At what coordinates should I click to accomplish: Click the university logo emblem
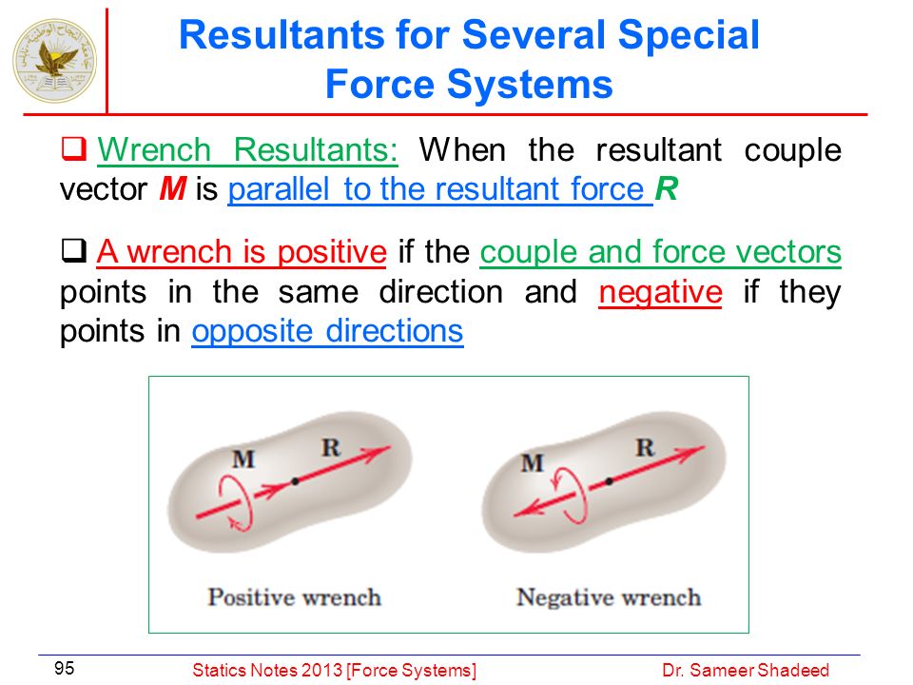(x=55, y=61)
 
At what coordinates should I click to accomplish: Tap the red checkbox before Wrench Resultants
(x=74, y=148)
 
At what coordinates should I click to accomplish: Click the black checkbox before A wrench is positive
(x=74, y=251)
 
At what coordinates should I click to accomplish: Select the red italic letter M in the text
(x=173, y=188)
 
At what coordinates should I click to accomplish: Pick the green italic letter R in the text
(x=667, y=188)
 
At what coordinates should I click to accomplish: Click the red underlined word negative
(x=661, y=292)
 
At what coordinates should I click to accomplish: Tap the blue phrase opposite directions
(x=328, y=331)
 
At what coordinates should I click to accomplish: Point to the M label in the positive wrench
(x=243, y=460)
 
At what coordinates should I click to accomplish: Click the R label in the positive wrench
(x=331, y=447)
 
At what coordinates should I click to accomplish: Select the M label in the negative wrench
(x=533, y=463)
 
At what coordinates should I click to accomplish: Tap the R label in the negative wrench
(x=645, y=448)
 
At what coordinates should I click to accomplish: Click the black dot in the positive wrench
(x=295, y=481)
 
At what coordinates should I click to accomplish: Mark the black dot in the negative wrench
(x=609, y=481)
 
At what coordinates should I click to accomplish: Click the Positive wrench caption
(x=295, y=597)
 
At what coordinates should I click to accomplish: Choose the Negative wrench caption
(x=609, y=597)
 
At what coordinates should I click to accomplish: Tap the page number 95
(x=64, y=668)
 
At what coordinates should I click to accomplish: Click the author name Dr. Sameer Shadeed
(x=746, y=671)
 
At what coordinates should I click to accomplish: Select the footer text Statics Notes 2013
(x=268, y=671)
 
